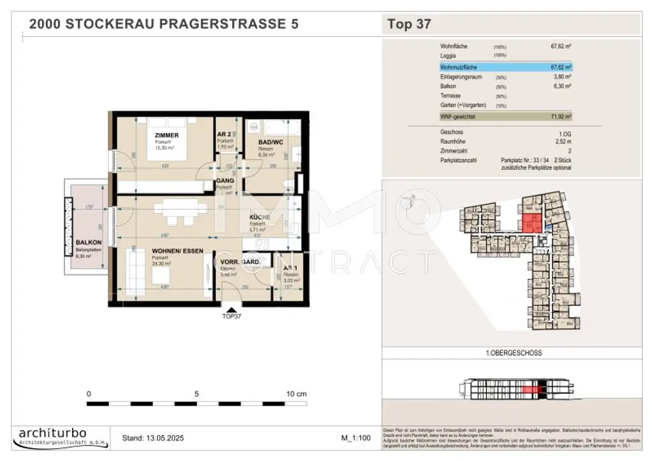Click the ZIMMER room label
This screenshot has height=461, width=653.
166,136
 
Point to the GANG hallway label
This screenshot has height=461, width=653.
224,181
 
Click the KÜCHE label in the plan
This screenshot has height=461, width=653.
260,218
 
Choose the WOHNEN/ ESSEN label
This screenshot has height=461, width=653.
177,251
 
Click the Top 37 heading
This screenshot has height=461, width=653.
409,25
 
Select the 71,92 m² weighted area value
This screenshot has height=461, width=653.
560,117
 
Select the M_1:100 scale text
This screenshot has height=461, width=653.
357,438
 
